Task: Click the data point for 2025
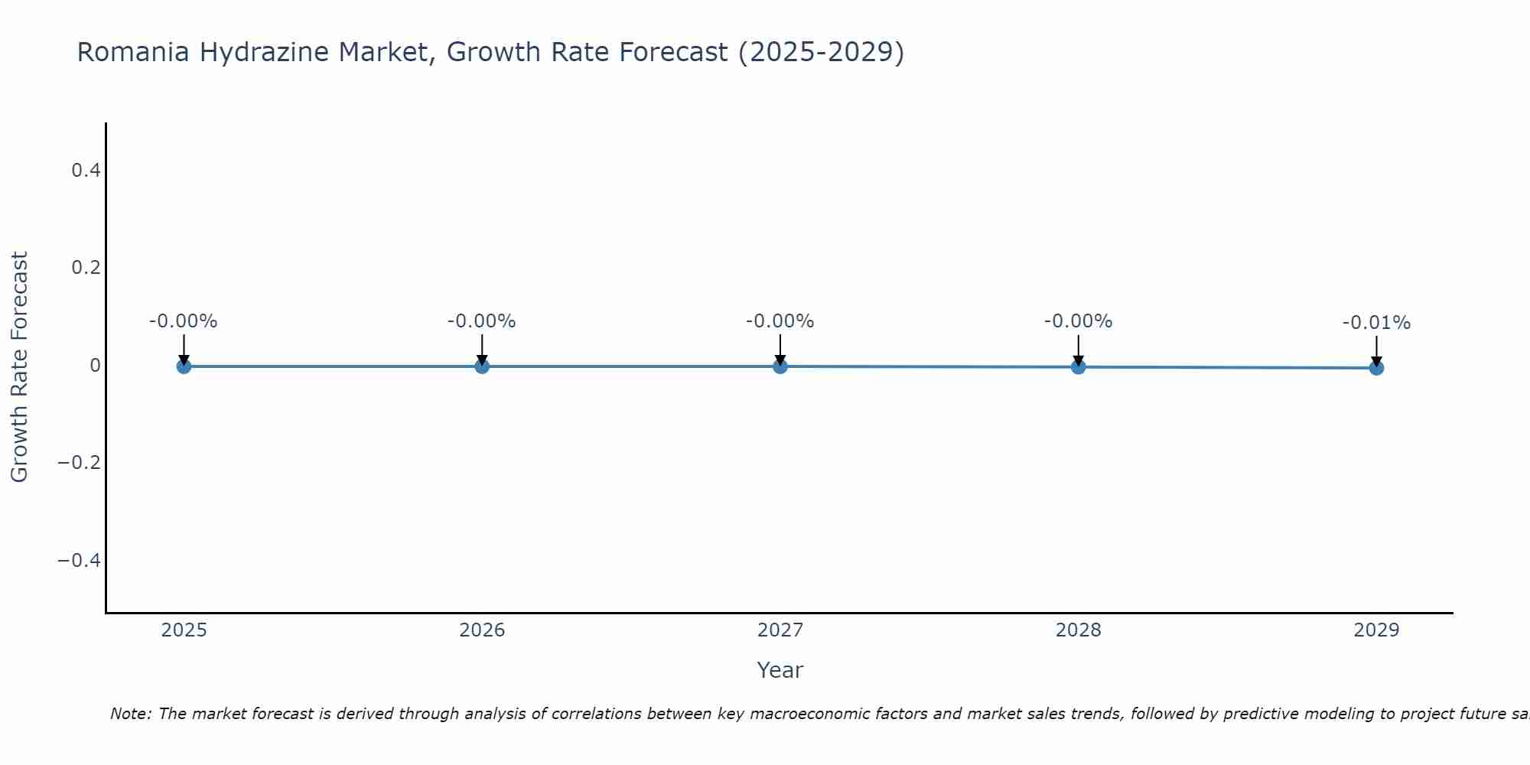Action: tap(184, 366)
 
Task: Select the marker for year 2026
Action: tap(482, 366)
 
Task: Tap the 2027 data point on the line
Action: tap(780, 366)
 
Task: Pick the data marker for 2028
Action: tap(1078, 367)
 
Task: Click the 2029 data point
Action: tap(1376, 368)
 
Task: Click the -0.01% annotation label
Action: tap(1376, 323)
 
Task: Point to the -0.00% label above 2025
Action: tap(184, 321)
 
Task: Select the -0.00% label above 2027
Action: tap(780, 321)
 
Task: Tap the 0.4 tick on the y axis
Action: tap(86, 171)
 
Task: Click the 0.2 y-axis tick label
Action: tap(86, 268)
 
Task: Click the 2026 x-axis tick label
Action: tap(482, 630)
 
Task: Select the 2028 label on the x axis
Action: tap(1078, 630)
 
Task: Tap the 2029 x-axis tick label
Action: tap(1376, 630)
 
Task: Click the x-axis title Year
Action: tap(780, 671)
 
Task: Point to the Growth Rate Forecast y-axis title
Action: tap(19, 366)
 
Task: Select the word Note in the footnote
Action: tap(129, 714)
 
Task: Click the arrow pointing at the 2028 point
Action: tap(1078, 350)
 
